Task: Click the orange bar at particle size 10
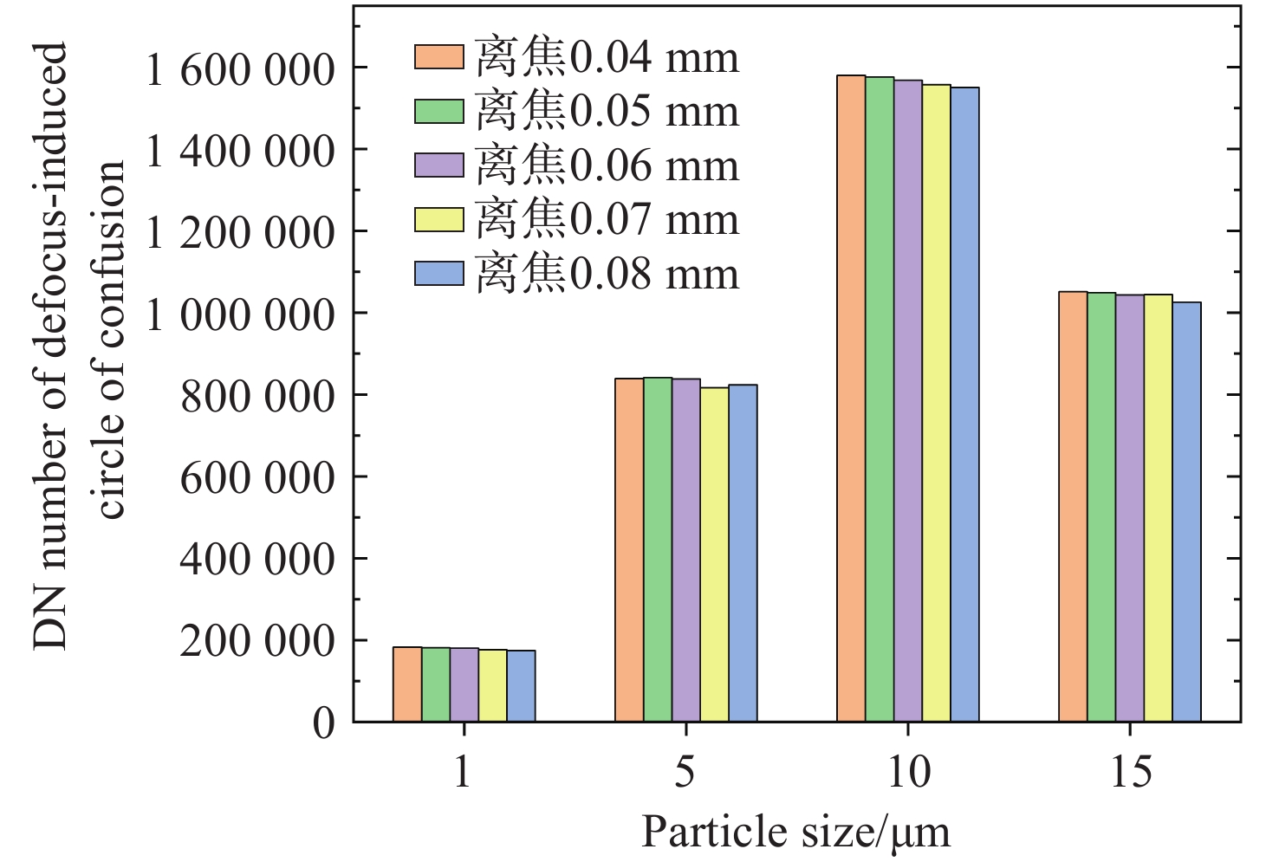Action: (x=851, y=399)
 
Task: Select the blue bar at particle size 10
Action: (x=964, y=405)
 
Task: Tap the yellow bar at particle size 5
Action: (x=714, y=554)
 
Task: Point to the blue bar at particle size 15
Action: (x=1187, y=511)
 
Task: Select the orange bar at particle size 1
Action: (x=407, y=684)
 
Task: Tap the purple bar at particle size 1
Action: (x=464, y=684)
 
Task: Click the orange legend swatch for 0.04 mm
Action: (x=439, y=57)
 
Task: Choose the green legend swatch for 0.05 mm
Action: (x=439, y=112)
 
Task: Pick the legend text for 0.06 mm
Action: (x=607, y=165)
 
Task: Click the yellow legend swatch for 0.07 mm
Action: (x=439, y=220)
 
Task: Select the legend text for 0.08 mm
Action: (x=607, y=274)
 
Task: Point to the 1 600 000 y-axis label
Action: (x=240, y=69)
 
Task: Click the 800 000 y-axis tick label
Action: (x=257, y=397)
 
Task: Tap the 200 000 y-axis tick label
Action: (x=257, y=642)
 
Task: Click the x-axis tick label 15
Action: (x=1131, y=771)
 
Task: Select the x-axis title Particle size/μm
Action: (x=795, y=832)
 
